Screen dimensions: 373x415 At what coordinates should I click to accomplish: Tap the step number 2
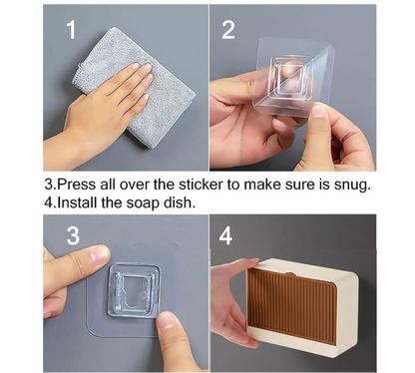228,30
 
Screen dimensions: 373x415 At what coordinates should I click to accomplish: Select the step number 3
72,236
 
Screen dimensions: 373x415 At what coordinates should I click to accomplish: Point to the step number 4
226,236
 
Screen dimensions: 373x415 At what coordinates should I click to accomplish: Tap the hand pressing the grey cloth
115,110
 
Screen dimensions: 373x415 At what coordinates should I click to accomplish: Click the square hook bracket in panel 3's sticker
132,288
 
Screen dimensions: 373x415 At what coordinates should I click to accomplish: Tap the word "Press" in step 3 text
77,185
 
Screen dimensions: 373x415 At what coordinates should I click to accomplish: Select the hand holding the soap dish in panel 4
231,299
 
